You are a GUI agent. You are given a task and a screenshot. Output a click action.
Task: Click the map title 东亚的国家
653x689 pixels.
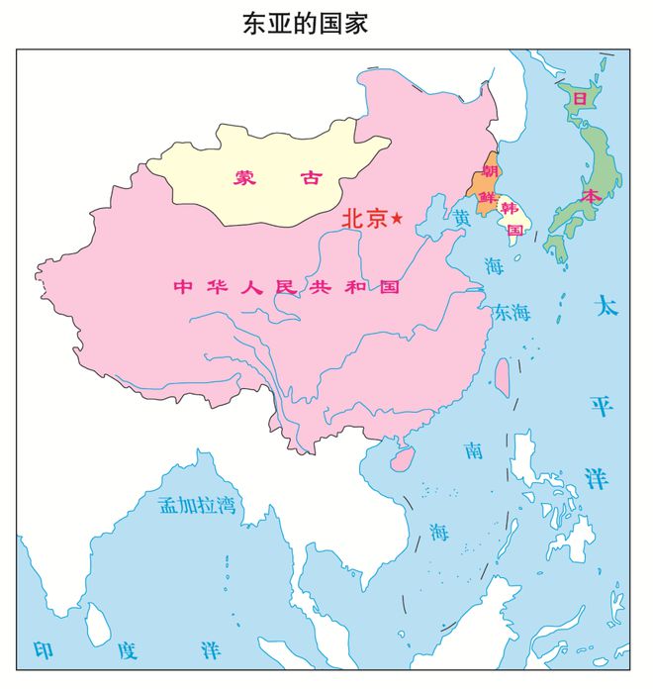point(305,24)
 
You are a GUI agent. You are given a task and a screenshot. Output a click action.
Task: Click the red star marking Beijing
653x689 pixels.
point(398,218)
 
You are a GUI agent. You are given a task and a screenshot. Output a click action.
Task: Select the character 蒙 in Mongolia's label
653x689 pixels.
point(244,178)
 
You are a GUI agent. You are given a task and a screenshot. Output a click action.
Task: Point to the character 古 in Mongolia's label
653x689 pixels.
point(312,178)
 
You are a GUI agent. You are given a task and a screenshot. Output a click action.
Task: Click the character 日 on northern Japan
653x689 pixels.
point(580,100)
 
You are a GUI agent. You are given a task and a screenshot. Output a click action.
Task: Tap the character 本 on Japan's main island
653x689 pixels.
point(591,196)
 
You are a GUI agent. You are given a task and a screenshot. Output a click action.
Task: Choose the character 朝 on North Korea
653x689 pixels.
point(489,170)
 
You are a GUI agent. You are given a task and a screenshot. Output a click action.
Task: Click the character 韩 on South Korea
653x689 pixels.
point(510,208)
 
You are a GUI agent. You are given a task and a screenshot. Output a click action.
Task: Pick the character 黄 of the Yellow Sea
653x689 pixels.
point(462,216)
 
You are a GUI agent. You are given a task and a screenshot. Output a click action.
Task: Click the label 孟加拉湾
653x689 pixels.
point(197,505)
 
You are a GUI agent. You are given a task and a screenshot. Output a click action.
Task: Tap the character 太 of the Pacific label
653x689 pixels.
point(606,306)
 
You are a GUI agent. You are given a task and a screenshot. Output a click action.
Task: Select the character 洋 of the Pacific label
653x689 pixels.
point(596,479)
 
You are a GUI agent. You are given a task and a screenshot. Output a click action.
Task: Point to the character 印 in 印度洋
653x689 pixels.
point(44,649)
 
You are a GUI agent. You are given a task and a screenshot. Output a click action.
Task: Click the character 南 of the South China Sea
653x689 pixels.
point(473,451)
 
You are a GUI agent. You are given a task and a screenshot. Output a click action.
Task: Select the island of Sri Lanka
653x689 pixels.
point(98,624)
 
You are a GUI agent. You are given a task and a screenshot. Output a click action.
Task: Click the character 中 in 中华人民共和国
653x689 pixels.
point(182,287)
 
